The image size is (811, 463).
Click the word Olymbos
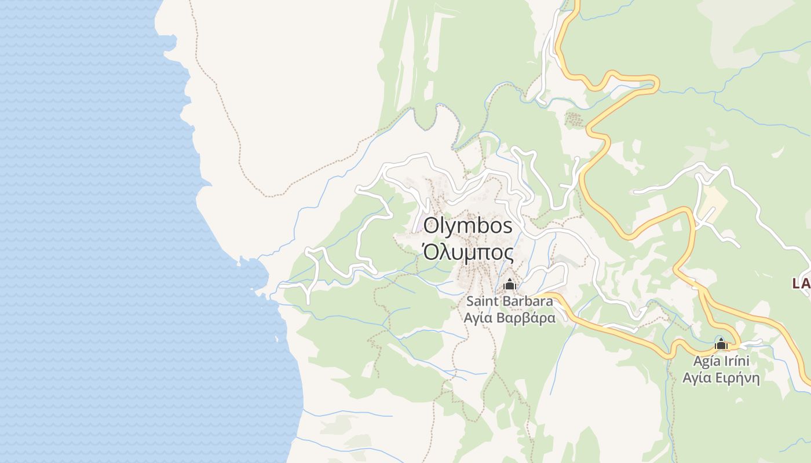[x=468, y=226]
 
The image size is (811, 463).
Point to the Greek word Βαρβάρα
[x=527, y=318]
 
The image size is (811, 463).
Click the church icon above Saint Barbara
[x=510, y=284]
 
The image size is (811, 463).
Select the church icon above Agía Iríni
[x=721, y=344]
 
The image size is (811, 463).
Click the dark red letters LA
[x=801, y=284]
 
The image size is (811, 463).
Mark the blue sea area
[x=87, y=231]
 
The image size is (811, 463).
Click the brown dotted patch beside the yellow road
[x=573, y=120]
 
